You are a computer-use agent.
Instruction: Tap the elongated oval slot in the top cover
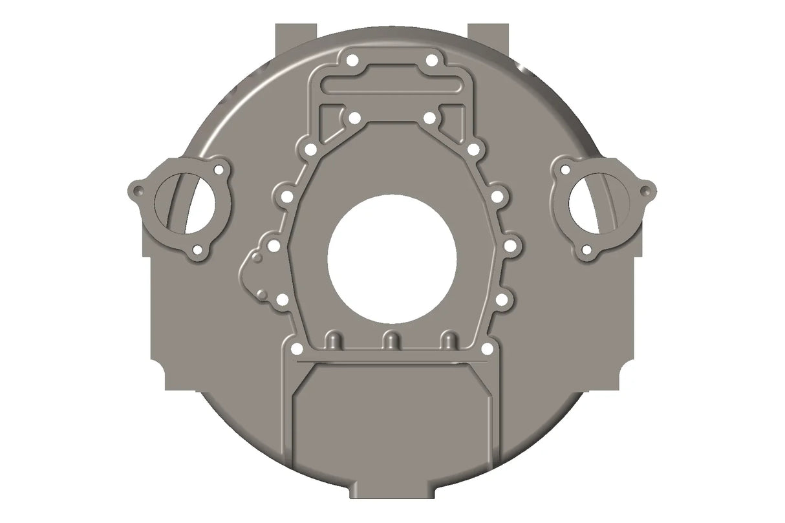coord(392,84)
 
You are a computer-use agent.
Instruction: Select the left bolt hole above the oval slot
coord(352,61)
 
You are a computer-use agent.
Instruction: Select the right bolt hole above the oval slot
coord(431,61)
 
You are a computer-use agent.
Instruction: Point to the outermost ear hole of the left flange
coord(136,191)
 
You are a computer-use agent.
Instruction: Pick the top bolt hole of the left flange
coord(220,170)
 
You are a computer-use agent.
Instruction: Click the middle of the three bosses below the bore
coord(390,340)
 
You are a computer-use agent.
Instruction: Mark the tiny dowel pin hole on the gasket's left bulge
coord(257,259)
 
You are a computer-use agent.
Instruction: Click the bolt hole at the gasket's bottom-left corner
coord(296,349)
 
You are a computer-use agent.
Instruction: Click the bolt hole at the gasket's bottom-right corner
coord(487,349)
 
